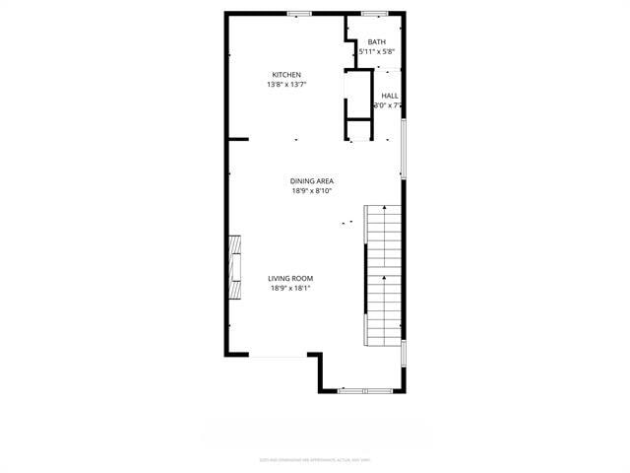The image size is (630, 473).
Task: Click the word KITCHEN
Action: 286,75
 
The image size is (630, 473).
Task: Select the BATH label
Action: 377,41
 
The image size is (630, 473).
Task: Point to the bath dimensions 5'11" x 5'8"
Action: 377,51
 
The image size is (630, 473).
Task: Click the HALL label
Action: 390,96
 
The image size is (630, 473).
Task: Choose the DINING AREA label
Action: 312,180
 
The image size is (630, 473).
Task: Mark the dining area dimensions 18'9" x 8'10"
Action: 312,191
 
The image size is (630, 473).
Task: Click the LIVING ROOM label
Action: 290,278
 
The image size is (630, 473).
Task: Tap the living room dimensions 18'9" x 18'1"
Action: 290,289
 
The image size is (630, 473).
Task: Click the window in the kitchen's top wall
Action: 299,14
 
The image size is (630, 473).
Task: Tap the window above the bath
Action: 373,14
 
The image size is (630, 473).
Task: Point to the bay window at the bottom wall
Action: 364,390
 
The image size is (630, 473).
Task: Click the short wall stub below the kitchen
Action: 237,140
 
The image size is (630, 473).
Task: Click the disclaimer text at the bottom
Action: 315,459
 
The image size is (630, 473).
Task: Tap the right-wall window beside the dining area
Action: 402,148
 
